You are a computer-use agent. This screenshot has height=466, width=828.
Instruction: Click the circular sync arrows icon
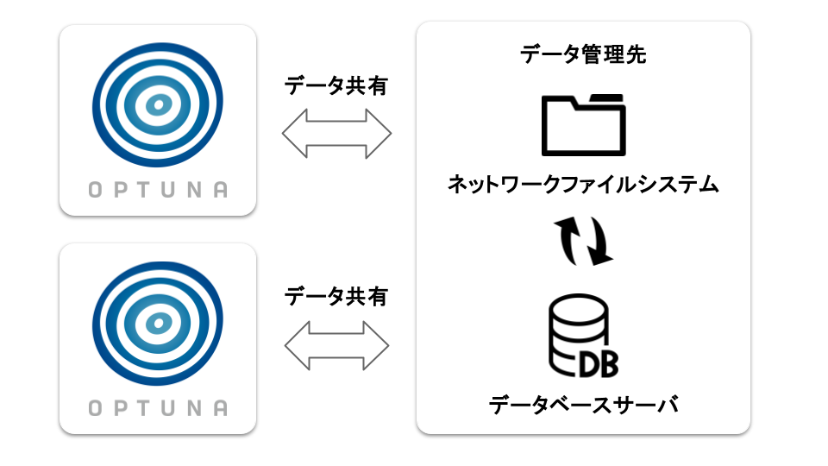[583, 241]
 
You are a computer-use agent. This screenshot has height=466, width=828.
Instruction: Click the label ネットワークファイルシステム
[583, 184]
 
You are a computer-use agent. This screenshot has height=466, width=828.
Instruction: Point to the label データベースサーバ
[583, 404]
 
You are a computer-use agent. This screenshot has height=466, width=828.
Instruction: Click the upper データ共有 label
[336, 87]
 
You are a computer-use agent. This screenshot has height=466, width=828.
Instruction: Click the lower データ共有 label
[336, 297]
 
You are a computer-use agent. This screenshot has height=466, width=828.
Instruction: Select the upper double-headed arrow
[336, 134]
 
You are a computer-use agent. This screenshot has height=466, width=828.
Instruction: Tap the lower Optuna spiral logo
[157, 323]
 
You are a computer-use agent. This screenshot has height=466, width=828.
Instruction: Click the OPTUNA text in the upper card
[158, 191]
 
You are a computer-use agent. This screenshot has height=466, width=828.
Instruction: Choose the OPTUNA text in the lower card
[158, 408]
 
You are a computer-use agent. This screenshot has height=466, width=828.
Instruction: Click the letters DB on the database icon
[599, 362]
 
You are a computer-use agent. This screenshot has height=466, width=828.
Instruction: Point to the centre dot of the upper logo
[158, 105]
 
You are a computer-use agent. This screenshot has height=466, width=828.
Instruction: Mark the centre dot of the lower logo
[157, 324]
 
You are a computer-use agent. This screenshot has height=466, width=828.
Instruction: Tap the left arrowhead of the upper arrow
[294, 134]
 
